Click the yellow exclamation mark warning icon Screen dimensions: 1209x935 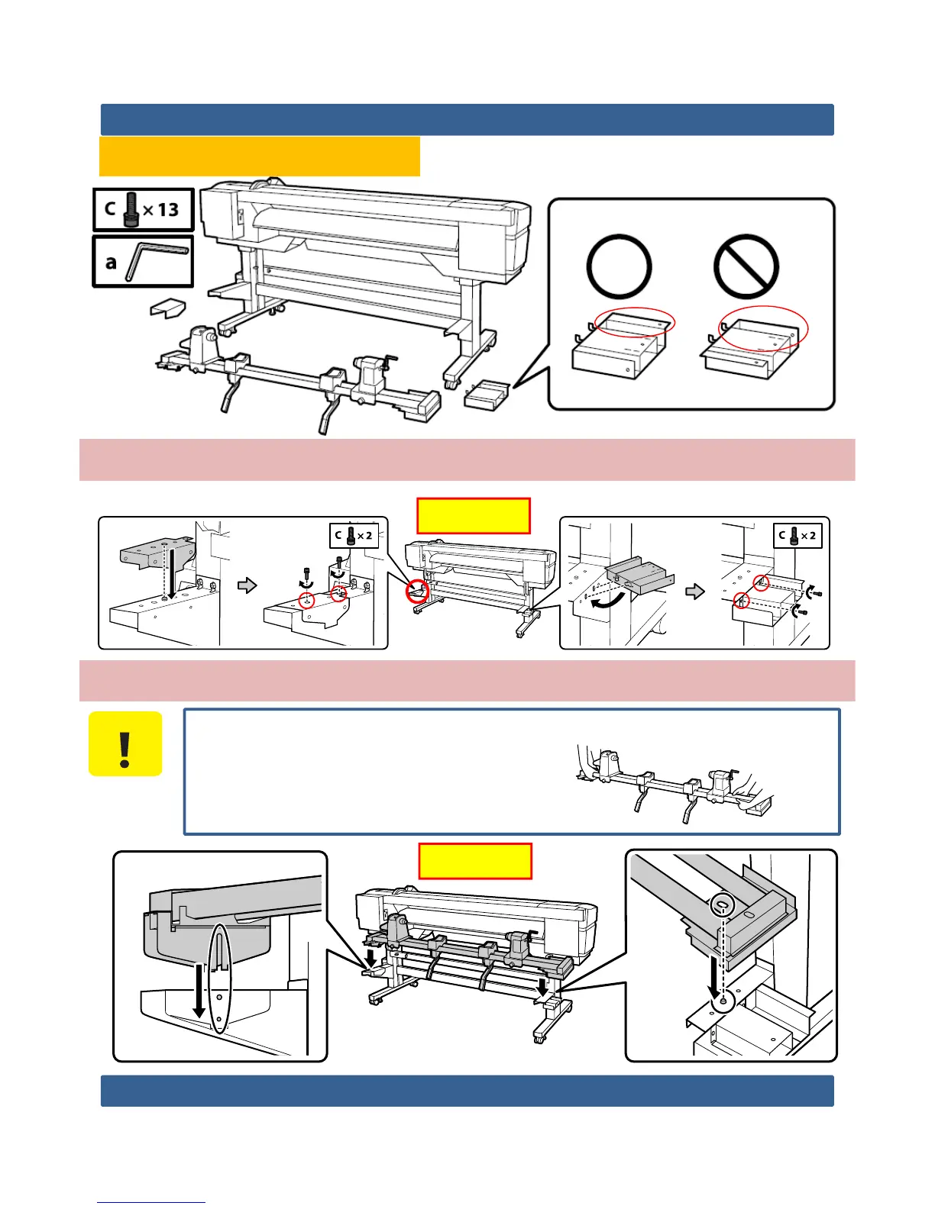[x=125, y=744]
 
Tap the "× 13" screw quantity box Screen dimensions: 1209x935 [x=144, y=209]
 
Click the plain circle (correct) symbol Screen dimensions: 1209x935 [x=619, y=267]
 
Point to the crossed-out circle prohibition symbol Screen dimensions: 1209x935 [x=746, y=267]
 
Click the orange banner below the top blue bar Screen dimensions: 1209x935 [x=260, y=156]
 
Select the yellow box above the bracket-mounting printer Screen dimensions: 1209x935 [x=474, y=516]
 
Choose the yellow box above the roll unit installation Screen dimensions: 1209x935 [x=475, y=861]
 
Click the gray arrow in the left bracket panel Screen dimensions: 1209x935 [x=247, y=585]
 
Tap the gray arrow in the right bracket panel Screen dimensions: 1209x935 [x=694, y=592]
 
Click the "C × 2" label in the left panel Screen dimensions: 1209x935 [x=354, y=535]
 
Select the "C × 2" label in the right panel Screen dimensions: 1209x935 [x=797, y=536]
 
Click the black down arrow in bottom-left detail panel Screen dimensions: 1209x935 [x=199, y=990]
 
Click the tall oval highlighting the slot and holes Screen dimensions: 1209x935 [x=219, y=978]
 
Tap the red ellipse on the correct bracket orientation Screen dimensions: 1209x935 [x=635, y=323]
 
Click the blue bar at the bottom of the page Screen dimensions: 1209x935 [x=467, y=1091]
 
